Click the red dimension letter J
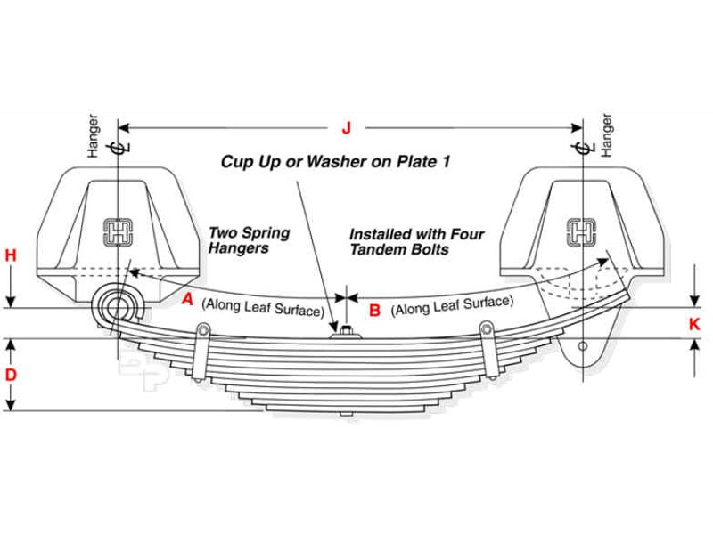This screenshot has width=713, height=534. click(347, 128)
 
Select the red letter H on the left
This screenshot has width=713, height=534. click(11, 256)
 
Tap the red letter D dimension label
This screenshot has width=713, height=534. click(11, 375)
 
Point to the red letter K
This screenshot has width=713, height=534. click(694, 325)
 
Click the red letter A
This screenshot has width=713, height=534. click(187, 300)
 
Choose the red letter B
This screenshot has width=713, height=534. click(374, 310)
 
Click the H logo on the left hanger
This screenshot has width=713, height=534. click(118, 232)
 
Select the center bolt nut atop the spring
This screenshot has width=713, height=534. click(344, 333)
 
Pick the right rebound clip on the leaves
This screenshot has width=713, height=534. click(486, 341)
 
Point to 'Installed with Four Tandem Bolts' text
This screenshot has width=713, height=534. click(416, 241)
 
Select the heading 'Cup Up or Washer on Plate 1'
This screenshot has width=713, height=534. click(336, 161)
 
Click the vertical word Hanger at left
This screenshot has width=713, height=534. click(94, 136)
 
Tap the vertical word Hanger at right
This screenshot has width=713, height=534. click(607, 135)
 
